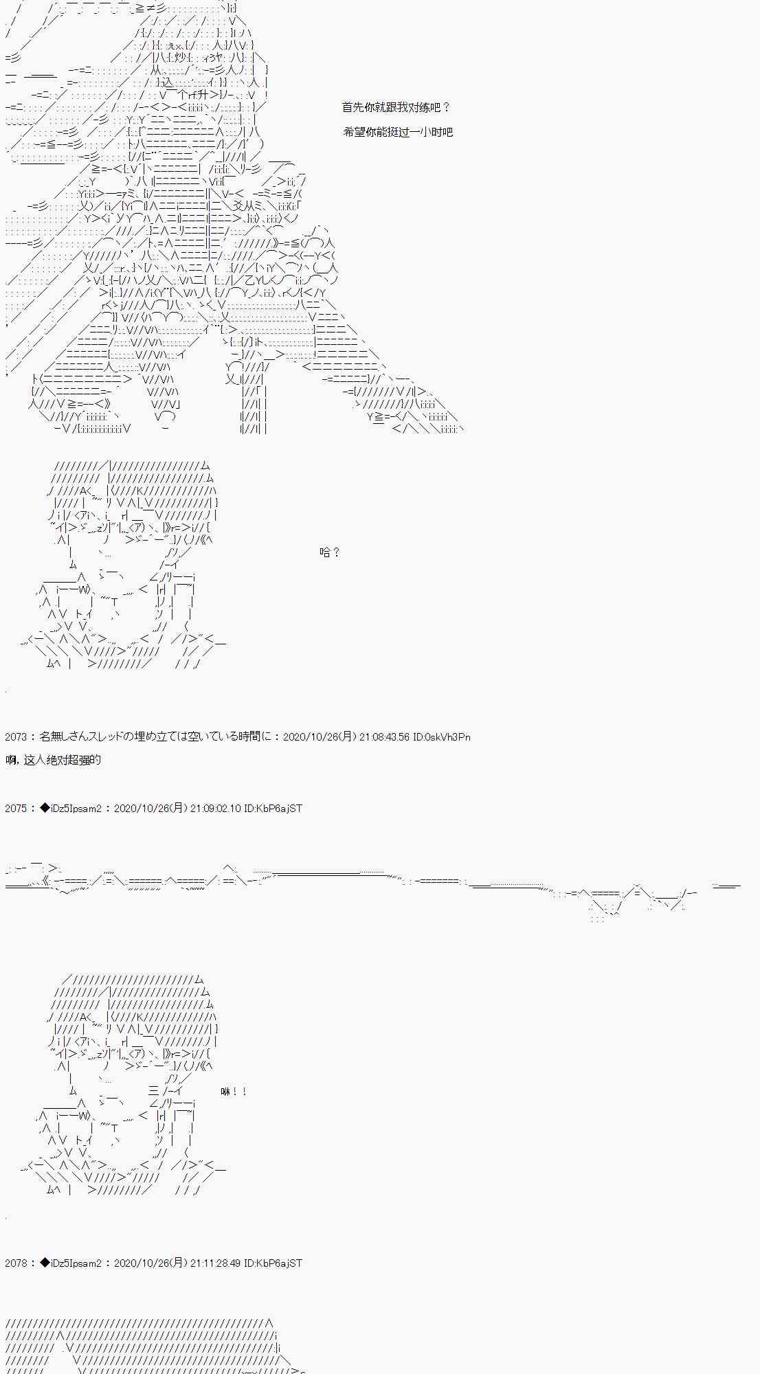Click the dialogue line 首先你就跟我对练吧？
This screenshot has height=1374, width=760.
396,107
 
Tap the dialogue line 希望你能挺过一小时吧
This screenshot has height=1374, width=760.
398,132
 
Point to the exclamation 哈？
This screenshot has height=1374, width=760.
329,552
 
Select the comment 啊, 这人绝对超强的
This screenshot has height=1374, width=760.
53,759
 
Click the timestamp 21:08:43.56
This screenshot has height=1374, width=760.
384,737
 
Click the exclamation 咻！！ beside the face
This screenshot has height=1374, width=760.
234,1092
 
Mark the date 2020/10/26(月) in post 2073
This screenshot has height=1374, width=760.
320,737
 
